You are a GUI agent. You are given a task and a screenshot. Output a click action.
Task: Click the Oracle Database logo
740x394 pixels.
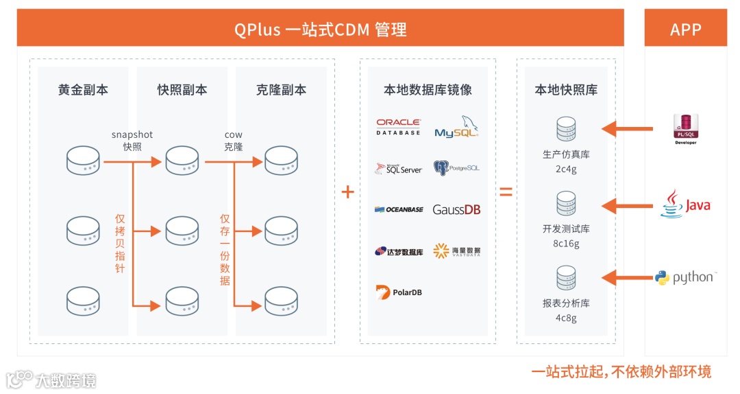point(398,127)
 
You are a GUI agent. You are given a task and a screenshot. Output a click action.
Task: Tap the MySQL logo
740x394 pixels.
point(456,126)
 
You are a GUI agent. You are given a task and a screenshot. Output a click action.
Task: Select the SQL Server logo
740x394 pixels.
point(399,168)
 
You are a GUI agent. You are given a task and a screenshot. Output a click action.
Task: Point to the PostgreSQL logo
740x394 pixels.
point(456,168)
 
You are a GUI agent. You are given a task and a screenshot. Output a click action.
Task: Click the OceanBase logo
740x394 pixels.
point(399,209)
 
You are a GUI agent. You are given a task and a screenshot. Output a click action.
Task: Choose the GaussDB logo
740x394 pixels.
point(456,209)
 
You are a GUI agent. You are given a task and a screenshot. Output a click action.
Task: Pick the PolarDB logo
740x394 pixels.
point(399,292)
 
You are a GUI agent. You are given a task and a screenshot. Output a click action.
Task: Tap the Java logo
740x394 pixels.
point(685,204)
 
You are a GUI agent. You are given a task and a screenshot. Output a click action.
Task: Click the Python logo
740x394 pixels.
point(686,277)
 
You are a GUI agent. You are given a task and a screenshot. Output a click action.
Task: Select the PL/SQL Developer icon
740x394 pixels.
point(686,129)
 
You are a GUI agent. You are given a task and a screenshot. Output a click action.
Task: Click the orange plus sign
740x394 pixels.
point(348,192)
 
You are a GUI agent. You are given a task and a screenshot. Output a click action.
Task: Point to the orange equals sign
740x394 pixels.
point(506,192)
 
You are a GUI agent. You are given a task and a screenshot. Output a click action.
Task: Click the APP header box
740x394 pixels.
point(686,27)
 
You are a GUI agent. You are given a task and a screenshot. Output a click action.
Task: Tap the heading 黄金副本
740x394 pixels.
point(83,89)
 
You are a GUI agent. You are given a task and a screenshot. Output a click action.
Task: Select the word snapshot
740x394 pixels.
point(132,135)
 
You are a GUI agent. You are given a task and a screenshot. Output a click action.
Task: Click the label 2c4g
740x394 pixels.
point(566,169)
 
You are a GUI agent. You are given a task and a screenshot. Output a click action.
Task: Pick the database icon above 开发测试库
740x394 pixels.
point(566,203)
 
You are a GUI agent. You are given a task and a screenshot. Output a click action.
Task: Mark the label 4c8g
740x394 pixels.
point(566,318)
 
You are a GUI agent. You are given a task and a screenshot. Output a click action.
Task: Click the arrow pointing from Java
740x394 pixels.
point(627,206)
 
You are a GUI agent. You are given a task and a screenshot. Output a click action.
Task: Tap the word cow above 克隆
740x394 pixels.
point(233,135)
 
